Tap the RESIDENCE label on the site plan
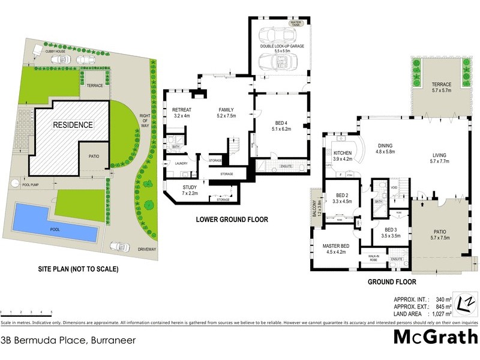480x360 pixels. coord(73,125)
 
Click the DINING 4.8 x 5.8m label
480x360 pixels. coord(384,148)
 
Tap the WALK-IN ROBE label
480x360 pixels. coord(374,257)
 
